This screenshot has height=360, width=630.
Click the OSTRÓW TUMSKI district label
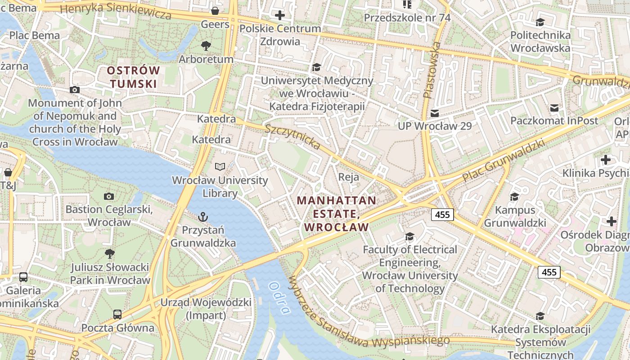[x=134, y=77]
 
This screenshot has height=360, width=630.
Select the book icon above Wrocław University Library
[x=220, y=167]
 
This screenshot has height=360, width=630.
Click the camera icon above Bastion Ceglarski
[x=108, y=196]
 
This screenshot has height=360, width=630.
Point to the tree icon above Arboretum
[x=206, y=45]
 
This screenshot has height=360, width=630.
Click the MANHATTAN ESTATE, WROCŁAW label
[x=337, y=214]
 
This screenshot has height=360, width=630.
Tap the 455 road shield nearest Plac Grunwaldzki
[x=442, y=215]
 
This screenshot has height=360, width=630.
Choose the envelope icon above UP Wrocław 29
[x=434, y=113]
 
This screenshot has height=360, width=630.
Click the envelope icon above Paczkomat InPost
[x=554, y=108]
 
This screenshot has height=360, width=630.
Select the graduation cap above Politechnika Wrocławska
[x=540, y=22]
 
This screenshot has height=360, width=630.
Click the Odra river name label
[x=279, y=297]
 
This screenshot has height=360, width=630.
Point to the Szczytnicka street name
[x=292, y=136]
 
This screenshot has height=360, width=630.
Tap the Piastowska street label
[x=431, y=70]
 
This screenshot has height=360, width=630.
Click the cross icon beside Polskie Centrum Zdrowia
[x=280, y=15]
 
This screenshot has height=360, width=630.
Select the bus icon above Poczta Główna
[x=117, y=314]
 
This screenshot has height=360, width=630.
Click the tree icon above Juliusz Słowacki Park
[x=109, y=254]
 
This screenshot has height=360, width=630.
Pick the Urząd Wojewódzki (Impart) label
[x=206, y=309]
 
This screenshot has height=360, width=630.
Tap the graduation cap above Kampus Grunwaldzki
[x=514, y=197]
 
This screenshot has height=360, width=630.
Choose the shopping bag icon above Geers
[x=215, y=10]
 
